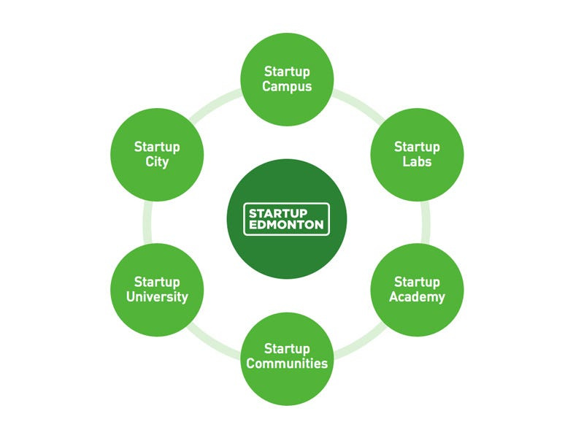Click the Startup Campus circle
pyautogui.click(x=287, y=79)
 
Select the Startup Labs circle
pyautogui.click(x=417, y=154)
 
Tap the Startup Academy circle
pyautogui.click(x=417, y=289)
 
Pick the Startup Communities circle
pyautogui.click(x=287, y=356)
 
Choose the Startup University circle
pyautogui.click(x=157, y=289)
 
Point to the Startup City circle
pyautogui.click(x=157, y=154)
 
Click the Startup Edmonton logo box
pyautogui.click(x=286, y=219)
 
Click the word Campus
pyautogui.click(x=287, y=87)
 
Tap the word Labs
pyautogui.click(x=417, y=162)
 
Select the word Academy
pyautogui.click(x=417, y=297)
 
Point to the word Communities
pyautogui.click(x=287, y=364)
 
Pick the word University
pyautogui.click(x=157, y=297)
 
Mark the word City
pyautogui.click(x=157, y=162)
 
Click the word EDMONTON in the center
pyautogui.click(x=286, y=225)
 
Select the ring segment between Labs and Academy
pyautogui.click(x=426, y=222)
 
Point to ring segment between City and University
pyautogui.click(x=147, y=222)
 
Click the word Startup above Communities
pyautogui.click(x=287, y=348)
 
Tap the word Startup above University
pyautogui.click(x=157, y=282)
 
